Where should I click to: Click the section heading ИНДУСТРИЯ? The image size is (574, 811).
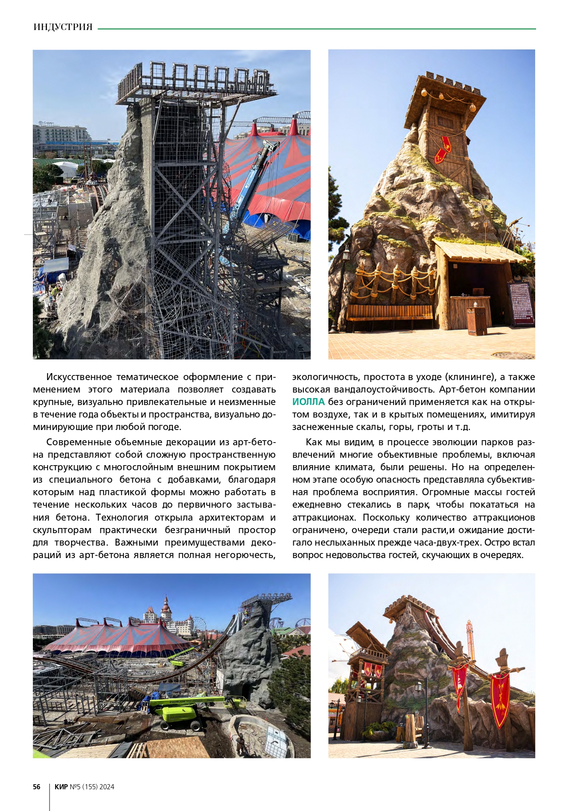[x=63, y=27]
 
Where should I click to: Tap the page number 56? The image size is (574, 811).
[x=37, y=786]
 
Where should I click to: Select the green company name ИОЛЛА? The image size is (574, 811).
[x=309, y=402]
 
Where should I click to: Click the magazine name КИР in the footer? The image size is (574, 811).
[x=61, y=786]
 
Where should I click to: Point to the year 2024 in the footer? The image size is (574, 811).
[x=106, y=786]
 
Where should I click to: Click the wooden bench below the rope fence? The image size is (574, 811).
[x=389, y=313]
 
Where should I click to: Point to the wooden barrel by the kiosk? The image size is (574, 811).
[x=476, y=320]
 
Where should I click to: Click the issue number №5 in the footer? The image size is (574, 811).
[x=75, y=786]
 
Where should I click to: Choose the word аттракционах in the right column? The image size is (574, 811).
[x=324, y=517]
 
